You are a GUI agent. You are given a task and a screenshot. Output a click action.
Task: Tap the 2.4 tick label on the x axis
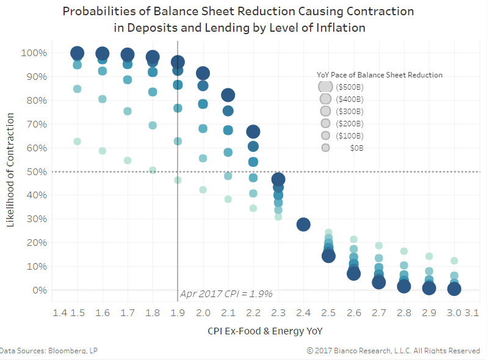coord(303,313)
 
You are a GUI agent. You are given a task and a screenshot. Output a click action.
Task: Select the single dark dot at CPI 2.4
coord(303,225)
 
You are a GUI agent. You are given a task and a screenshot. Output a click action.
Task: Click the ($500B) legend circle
coord(325,87)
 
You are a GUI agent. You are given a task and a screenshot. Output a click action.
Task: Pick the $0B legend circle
coord(325,148)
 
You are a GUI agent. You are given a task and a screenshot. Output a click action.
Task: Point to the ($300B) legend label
coord(350,112)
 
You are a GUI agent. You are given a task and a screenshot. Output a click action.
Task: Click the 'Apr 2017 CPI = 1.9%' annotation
coord(226,294)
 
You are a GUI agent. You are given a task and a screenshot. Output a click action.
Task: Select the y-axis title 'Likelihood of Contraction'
coord(10,171)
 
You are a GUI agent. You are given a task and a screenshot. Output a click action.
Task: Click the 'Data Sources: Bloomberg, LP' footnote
coord(49,351)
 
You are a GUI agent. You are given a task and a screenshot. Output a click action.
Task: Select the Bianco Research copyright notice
coord(393,351)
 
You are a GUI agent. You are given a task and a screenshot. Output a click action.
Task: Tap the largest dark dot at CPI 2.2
coord(253,132)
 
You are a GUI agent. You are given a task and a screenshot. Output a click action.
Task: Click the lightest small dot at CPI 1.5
coord(78,142)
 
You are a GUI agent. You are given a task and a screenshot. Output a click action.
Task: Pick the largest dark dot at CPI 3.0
coord(454,289)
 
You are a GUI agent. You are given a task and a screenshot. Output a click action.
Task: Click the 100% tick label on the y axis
coord(34,53)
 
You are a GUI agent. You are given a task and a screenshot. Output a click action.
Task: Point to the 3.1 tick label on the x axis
coord(472,313)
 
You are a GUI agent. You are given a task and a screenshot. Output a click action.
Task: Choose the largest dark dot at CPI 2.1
coord(228,95)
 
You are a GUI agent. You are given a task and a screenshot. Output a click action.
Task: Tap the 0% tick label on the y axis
coord(39,290)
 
